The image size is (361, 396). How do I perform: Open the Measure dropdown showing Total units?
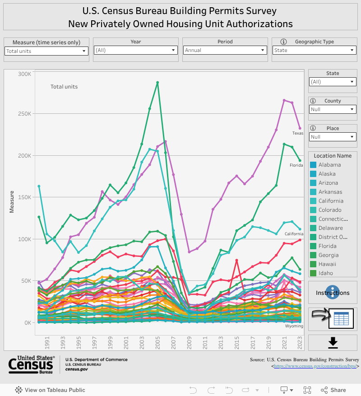46,51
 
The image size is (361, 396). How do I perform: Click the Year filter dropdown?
135,51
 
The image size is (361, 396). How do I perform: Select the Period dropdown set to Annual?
225,51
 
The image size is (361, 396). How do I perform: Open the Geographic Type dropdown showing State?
315,51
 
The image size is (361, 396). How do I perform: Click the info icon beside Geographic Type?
284,42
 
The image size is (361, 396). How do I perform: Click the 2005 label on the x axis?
157,343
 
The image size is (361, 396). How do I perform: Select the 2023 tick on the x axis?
300,343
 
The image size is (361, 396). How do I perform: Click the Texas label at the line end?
297,133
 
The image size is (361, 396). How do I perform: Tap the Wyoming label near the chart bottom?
294,326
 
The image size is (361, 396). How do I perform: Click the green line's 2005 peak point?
157,83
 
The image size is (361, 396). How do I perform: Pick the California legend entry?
331,201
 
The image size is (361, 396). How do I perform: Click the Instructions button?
333,293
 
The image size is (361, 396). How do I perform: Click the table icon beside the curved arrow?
341,319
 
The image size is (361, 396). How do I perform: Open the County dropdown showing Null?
333,109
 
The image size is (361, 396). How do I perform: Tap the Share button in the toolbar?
333,390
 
